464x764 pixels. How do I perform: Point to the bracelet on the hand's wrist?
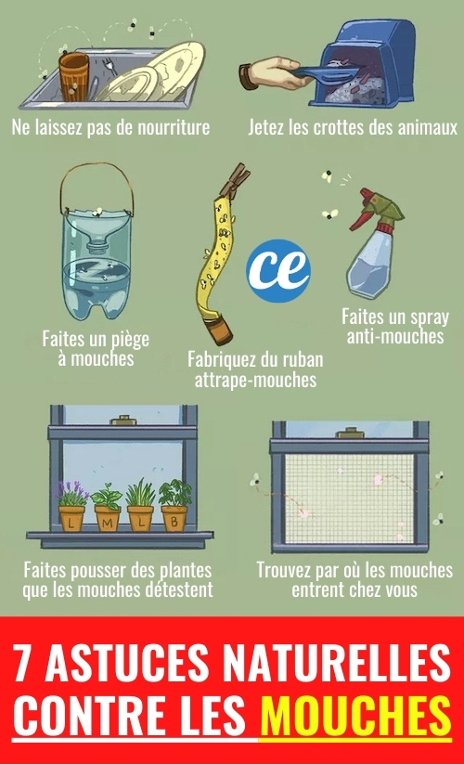pyautogui.click(x=246, y=76)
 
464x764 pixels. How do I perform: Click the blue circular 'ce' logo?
pyautogui.click(x=278, y=270)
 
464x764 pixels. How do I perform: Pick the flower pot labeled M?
pyautogui.click(x=108, y=519)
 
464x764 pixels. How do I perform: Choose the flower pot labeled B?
pyautogui.click(x=174, y=519)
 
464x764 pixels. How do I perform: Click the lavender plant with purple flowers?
pyautogui.click(x=71, y=494)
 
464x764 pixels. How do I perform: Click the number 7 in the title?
pyautogui.click(x=24, y=662)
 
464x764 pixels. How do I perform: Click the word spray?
pyautogui.click(x=429, y=317)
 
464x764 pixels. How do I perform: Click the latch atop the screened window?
pyautogui.click(x=348, y=433)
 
